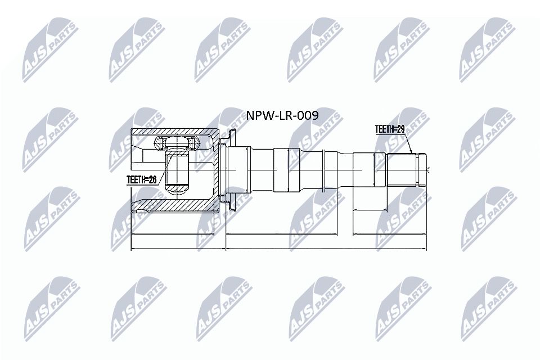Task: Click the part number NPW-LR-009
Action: point(283,116)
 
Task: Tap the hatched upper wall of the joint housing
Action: point(169,132)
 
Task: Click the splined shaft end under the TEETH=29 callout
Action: point(401,169)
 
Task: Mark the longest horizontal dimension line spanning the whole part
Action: point(278,248)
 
